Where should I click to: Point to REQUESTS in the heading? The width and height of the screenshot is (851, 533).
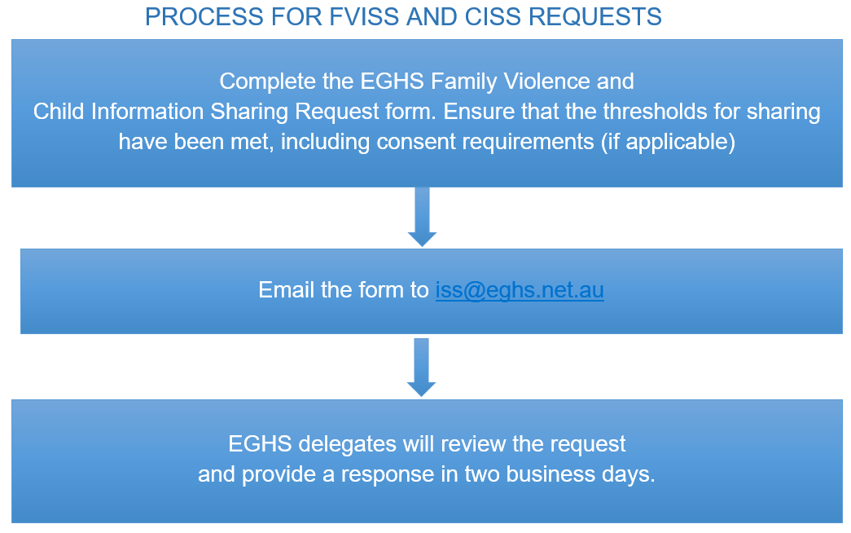coord(594,17)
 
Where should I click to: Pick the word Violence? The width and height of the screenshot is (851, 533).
coord(546,81)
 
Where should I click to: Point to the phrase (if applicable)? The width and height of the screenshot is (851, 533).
coord(668,143)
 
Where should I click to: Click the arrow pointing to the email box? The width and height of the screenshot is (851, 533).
coord(423,217)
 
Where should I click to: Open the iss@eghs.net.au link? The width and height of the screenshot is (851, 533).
coord(520,290)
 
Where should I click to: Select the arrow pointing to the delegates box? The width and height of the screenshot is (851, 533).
coord(421,368)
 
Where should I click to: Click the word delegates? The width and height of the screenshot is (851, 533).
coord(348,444)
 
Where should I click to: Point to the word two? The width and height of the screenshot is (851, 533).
coord(482,474)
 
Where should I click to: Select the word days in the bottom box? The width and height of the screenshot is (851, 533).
coord(625,475)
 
